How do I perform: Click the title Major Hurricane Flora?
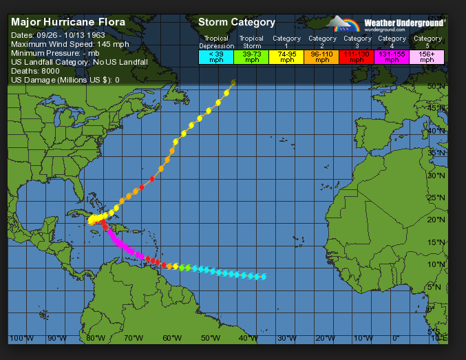click(68, 22)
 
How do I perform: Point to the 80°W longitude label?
click(96, 338)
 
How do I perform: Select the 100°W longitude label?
click(21, 338)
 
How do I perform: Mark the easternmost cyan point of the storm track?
click(264, 277)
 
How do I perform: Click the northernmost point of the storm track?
click(233, 83)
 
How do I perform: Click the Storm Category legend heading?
click(237, 23)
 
